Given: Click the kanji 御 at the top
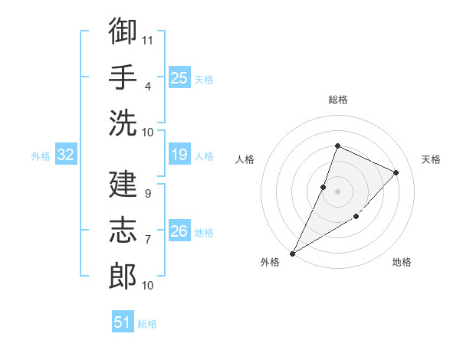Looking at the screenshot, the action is tap(123, 30).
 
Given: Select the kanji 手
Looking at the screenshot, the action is tap(123, 77).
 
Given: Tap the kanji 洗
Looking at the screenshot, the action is tap(123, 123).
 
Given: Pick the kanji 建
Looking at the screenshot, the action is tap(123, 184).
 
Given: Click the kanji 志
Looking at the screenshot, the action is tap(123, 230).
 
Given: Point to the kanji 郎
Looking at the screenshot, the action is tap(123, 276).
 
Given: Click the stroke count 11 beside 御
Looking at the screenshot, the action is tap(147, 41).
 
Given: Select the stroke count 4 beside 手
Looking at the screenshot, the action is tap(148, 87).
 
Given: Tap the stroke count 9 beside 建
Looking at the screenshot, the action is tap(148, 194).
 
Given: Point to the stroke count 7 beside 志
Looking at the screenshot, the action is tap(148, 240).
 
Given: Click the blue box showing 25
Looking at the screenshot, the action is tap(179, 77).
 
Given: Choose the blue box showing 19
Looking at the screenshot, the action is tap(179, 154).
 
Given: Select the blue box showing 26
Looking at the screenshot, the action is tap(179, 230).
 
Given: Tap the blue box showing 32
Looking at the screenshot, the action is tap(66, 154).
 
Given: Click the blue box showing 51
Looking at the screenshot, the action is tap(123, 321).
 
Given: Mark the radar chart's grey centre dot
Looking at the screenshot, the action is tap(337, 191).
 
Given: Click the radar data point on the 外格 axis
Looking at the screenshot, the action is tap(292, 254).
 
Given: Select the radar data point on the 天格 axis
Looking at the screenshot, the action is tap(396, 172).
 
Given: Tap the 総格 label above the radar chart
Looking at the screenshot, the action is tap(338, 100).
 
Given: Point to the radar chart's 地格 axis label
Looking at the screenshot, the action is tap(402, 262).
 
